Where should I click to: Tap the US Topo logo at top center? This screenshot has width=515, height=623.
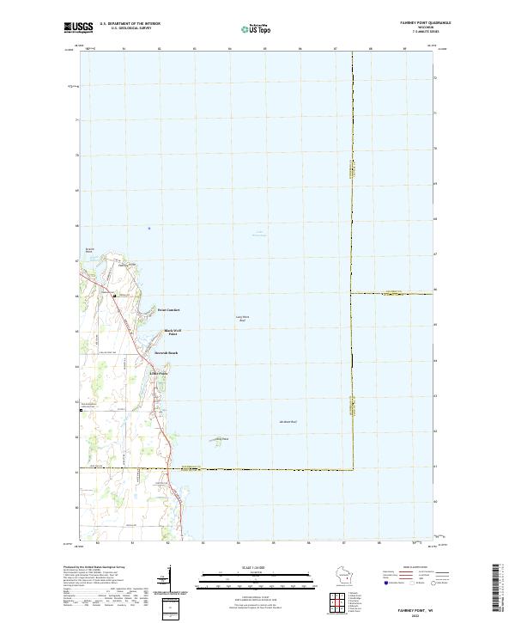257,28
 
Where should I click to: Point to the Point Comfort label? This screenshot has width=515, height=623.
168,309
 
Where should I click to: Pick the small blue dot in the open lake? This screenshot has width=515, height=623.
148,228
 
